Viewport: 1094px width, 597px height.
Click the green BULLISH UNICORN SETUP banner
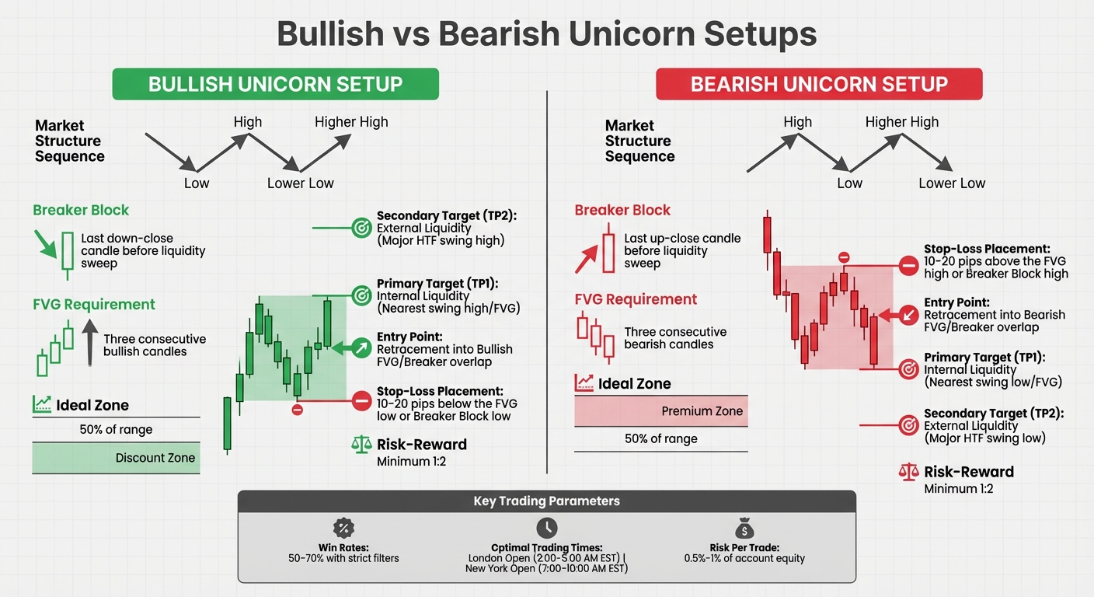click(x=275, y=84)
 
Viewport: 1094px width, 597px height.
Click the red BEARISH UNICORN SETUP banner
click(x=819, y=84)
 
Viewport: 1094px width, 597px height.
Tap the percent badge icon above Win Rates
click(x=343, y=529)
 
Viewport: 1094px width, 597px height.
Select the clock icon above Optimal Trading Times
click(x=546, y=526)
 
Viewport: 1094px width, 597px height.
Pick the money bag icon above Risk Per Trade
click(x=744, y=529)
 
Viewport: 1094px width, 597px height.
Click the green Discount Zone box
click(x=116, y=458)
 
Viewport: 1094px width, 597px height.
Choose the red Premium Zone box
click(x=660, y=411)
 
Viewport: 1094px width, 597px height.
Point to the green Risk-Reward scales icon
click(x=362, y=445)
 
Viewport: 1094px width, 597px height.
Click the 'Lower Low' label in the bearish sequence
click(x=951, y=183)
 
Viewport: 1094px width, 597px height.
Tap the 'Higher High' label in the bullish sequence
click(x=351, y=122)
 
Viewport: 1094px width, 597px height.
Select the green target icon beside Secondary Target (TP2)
click(x=361, y=228)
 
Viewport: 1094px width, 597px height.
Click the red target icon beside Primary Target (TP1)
click(x=908, y=369)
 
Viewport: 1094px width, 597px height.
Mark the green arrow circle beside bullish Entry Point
click(x=361, y=348)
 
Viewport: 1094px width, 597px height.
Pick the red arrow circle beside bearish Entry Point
click(x=908, y=315)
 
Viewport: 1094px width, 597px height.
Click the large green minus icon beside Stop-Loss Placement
click(x=361, y=401)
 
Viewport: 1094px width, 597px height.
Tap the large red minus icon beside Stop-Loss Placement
click(x=908, y=266)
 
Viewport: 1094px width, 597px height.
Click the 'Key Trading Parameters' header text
click(x=546, y=501)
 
